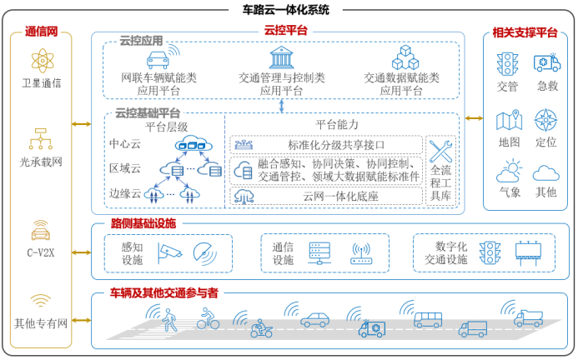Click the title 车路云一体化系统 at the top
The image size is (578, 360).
(289, 10)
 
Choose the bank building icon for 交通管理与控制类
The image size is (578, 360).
(280, 57)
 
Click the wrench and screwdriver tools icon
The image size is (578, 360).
(439, 151)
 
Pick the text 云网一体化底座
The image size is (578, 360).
(325, 197)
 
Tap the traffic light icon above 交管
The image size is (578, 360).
(506, 64)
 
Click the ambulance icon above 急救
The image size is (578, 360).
(545, 64)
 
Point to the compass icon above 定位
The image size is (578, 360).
(545, 121)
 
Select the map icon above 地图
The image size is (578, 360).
(508, 121)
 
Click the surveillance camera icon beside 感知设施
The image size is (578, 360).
(168, 251)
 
